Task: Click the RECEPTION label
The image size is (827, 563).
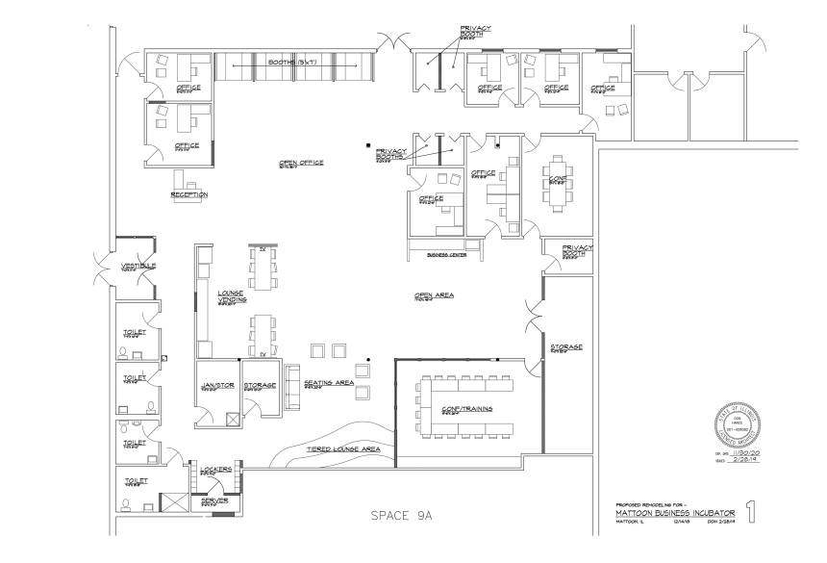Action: pyautogui.click(x=188, y=194)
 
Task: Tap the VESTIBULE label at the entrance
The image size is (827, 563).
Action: pyautogui.click(x=133, y=266)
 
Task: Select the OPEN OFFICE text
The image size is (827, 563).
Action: pyautogui.click(x=300, y=163)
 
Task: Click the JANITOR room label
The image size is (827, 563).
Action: pyautogui.click(x=217, y=386)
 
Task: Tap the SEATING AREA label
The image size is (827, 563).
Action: pyautogui.click(x=329, y=383)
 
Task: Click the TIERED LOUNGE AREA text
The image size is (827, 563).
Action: pyautogui.click(x=343, y=449)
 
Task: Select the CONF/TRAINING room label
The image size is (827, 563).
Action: pyautogui.click(x=466, y=409)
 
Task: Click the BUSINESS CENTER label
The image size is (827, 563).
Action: pyautogui.click(x=445, y=256)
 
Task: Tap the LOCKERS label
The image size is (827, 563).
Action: pyautogui.click(x=215, y=470)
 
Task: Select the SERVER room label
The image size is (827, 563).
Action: pyautogui.click(x=213, y=501)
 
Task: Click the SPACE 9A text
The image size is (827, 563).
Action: pyautogui.click(x=403, y=516)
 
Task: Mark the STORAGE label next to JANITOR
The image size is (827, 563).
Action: pyautogui.click(x=260, y=386)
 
